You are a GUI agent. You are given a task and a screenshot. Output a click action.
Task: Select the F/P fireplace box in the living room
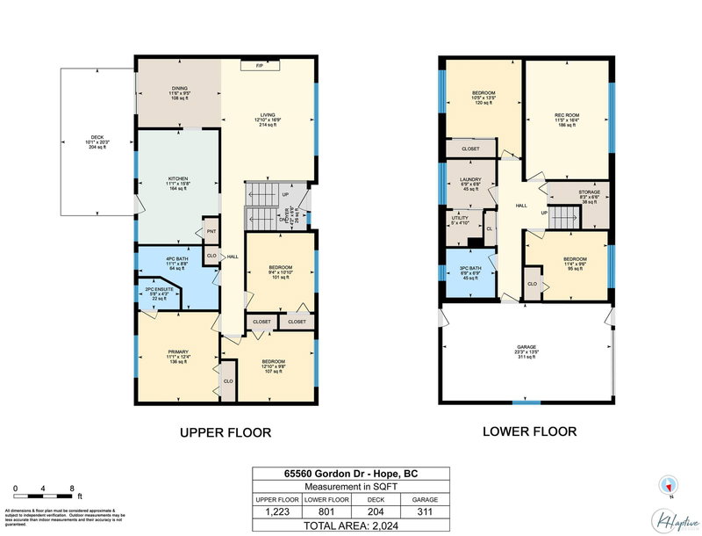[x=260, y=65]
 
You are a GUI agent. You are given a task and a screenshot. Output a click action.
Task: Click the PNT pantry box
[x=211, y=231]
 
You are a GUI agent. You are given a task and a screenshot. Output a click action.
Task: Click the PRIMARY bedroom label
[x=178, y=356]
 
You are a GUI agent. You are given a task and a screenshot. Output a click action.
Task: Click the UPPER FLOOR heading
[x=226, y=432]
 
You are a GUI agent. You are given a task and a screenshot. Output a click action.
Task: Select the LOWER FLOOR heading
[x=529, y=431]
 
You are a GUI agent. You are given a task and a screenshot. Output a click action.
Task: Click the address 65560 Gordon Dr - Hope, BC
[x=351, y=474]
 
